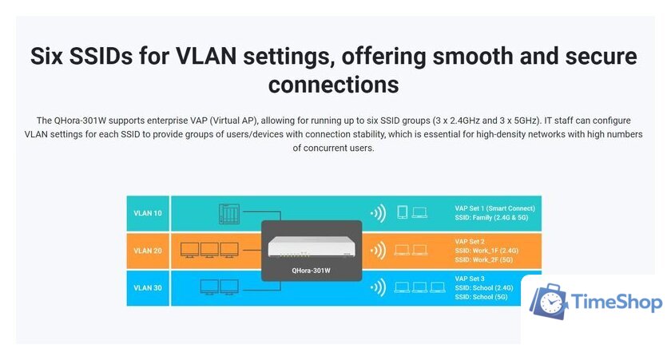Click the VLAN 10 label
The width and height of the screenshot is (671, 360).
[147, 214]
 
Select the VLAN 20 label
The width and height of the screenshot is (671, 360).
[147, 251]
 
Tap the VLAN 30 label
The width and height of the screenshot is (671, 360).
[147, 287]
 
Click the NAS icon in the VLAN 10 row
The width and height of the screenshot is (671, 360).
[229, 213]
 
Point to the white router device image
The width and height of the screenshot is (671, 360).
[312, 247]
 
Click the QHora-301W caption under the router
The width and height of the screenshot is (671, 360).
[312, 271]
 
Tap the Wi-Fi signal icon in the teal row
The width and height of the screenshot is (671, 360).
[377, 213]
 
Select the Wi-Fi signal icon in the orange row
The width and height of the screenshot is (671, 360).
[377, 251]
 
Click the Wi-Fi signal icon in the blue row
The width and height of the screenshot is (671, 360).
[377, 287]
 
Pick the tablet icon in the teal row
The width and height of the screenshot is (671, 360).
[403, 212]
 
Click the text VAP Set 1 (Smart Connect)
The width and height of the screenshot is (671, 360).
[494, 208]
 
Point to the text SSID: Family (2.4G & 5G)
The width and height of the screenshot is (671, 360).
[495, 218]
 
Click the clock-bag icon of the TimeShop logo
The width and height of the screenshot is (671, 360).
[550, 303]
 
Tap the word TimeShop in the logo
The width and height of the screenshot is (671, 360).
[617, 303]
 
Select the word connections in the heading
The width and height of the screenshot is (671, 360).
[333, 84]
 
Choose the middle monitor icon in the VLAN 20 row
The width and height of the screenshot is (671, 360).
[209, 249]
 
